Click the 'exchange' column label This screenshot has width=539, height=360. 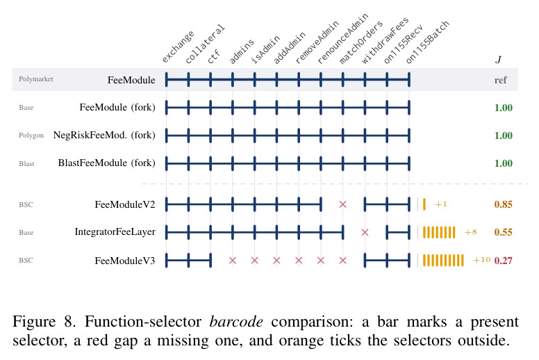(x=178, y=47)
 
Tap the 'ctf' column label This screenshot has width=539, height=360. (x=213, y=56)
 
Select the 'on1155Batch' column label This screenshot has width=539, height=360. (x=427, y=42)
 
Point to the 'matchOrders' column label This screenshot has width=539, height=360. (x=360, y=42)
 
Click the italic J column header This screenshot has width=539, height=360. (x=499, y=60)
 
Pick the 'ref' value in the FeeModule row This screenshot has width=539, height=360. (x=501, y=80)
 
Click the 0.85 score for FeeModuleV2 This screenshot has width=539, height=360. (x=504, y=204)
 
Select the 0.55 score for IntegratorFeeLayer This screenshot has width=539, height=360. (x=504, y=232)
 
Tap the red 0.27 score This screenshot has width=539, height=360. (x=504, y=261)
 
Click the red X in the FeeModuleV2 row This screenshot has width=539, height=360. (x=342, y=204)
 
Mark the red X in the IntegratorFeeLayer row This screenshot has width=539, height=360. (x=365, y=232)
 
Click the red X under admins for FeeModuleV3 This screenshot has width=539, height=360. (x=233, y=261)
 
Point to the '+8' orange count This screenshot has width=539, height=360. (x=471, y=232)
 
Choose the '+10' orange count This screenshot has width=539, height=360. (x=481, y=260)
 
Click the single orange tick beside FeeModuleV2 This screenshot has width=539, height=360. (x=424, y=204)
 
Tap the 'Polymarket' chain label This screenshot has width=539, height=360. (x=36, y=79)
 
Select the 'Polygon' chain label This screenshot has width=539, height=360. (x=31, y=136)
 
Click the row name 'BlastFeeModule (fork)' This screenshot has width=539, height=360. (x=106, y=163)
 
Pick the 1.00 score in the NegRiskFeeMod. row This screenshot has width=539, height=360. (x=504, y=136)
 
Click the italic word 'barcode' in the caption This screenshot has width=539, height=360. (x=236, y=322)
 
